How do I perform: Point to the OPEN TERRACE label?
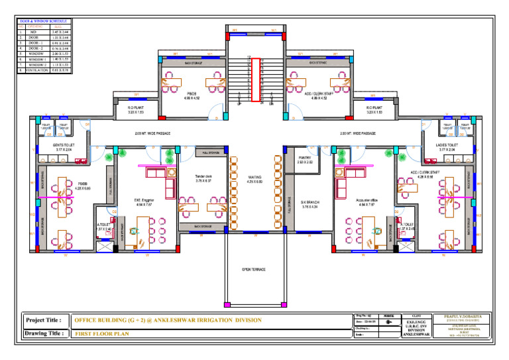coord(254,270)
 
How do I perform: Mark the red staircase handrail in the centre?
coord(254,80)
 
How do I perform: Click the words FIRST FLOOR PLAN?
coord(101,334)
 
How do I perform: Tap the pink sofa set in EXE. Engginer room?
coord(156,174)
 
